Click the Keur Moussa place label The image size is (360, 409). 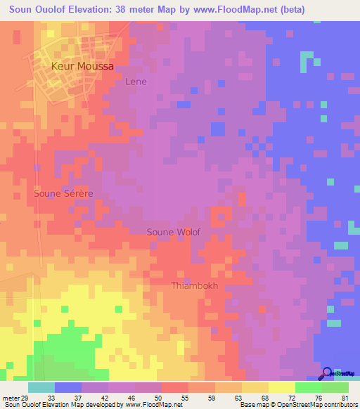(82, 66)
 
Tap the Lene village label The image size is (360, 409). (136, 82)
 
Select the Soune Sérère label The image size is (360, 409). (63, 192)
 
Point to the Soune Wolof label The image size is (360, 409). (174, 232)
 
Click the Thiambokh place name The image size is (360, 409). (195, 286)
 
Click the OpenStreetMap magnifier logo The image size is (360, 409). (327, 373)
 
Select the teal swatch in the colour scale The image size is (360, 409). (41, 388)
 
